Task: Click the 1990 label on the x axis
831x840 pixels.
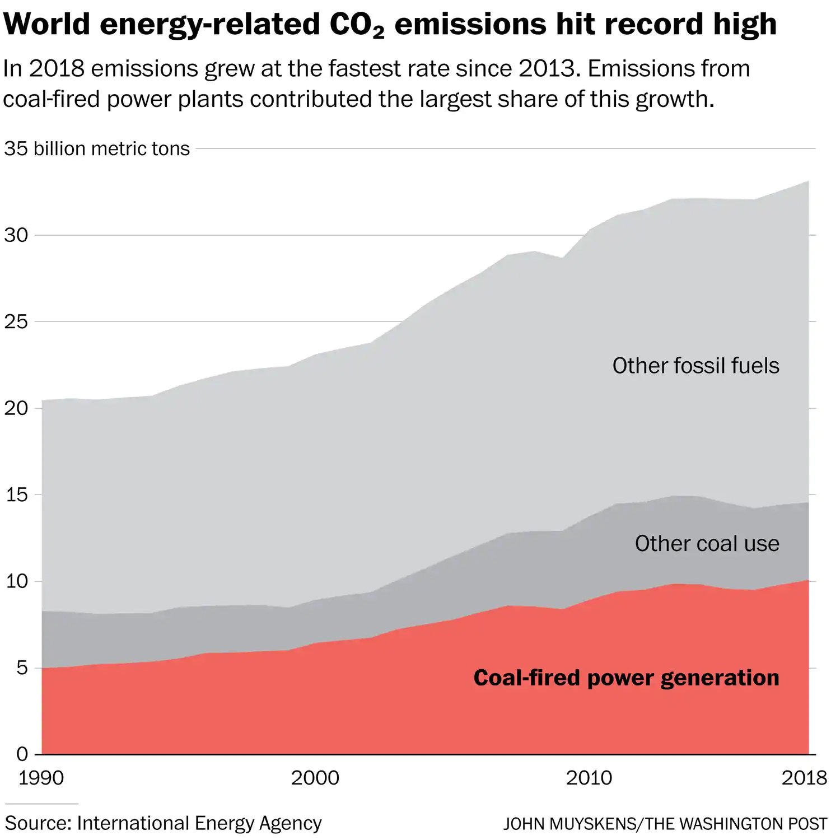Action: coord(41,778)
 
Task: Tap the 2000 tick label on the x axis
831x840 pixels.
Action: coord(315,778)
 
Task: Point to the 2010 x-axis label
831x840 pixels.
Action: coord(589,778)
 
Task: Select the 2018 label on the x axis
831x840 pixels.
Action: coord(804,778)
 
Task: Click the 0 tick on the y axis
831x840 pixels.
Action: coord(21,754)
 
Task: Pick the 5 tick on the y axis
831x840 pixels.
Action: coord(21,668)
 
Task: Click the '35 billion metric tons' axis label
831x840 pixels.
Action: coord(97,148)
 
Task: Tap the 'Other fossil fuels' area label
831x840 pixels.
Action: coord(695,366)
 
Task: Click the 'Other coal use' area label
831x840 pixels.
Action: coord(707,543)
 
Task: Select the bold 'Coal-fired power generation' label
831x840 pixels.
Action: coord(626,678)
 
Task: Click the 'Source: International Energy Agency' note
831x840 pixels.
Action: coord(163,823)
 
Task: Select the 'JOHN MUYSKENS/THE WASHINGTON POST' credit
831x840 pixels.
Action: coord(665,824)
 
